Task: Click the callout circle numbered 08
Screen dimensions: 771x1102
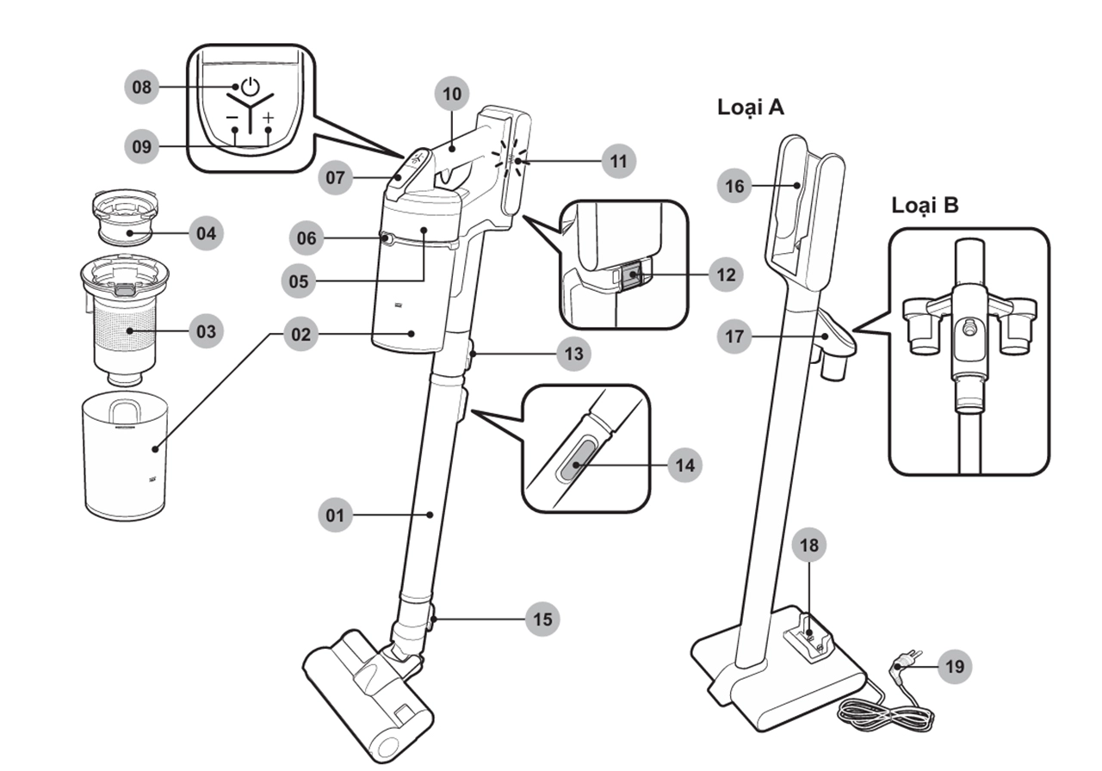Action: (142, 87)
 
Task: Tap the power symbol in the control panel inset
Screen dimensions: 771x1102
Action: (249, 86)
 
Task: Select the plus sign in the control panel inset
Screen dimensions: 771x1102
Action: (269, 118)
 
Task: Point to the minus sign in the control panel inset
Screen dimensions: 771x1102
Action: (232, 118)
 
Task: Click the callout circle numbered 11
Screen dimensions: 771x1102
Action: (618, 161)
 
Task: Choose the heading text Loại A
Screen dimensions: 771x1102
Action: (751, 108)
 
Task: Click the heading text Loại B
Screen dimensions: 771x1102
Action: (925, 206)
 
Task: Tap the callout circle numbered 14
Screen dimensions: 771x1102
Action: (684, 466)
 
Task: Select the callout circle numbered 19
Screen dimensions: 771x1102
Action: (954, 665)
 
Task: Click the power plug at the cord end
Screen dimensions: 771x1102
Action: (904, 662)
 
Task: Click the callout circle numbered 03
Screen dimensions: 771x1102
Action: (206, 331)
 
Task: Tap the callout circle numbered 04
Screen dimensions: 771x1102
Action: (206, 232)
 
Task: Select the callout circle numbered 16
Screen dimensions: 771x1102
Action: (734, 186)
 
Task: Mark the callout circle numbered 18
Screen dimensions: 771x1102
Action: (810, 545)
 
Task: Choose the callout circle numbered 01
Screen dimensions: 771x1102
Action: (335, 515)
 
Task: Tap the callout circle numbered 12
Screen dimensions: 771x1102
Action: (725, 274)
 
